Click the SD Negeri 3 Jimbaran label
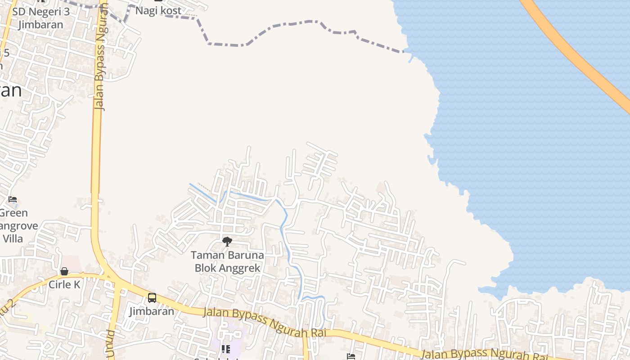tap(40, 18)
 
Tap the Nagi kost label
tap(158, 11)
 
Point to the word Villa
tap(12, 238)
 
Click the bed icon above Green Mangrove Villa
tap(13, 199)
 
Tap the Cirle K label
tap(64, 284)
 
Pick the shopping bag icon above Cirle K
tap(64, 271)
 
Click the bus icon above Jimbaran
tap(152, 297)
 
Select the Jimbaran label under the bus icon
tap(152, 311)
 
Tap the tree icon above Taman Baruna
tap(227, 242)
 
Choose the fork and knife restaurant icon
tap(225, 349)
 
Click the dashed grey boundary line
tap(270, 28)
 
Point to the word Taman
tap(207, 255)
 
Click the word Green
tap(13, 213)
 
